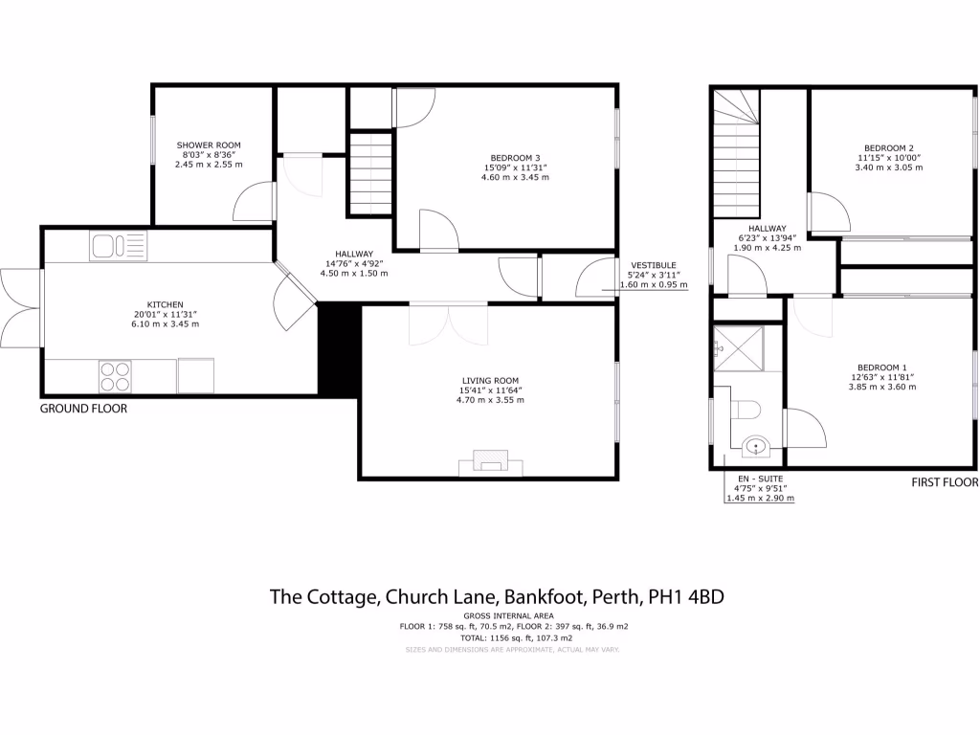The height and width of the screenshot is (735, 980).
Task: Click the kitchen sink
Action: (118, 247)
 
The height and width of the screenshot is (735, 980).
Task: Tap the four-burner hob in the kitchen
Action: (115, 375)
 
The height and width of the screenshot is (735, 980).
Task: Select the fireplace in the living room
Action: (492, 462)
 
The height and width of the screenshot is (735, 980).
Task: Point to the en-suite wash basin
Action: (756, 445)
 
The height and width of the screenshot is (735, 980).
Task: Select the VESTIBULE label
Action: (653, 264)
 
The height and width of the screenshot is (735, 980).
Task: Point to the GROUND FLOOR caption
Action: (83, 409)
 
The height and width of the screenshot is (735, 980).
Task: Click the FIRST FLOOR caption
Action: (944, 483)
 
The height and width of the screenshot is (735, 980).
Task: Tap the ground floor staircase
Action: (370, 174)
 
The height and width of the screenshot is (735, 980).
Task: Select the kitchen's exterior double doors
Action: (21, 308)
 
